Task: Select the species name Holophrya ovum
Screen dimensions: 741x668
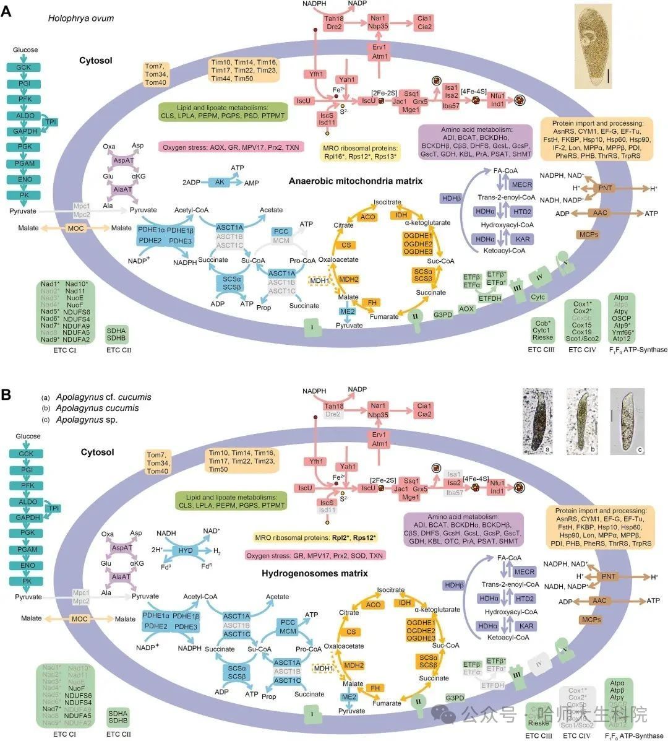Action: pos(81,18)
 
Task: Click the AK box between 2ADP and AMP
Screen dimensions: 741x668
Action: pos(220,182)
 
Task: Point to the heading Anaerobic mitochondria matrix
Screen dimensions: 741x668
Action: pos(355,181)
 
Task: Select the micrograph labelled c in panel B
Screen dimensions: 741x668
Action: pos(627,420)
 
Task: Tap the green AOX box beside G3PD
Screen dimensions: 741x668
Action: pos(466,308)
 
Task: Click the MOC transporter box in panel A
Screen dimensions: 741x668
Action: pos(77,228)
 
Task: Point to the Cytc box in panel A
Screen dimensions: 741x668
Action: pos(537,297)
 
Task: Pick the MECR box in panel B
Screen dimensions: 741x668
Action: pos(523,572)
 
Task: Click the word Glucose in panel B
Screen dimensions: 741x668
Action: pos(25,436)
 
